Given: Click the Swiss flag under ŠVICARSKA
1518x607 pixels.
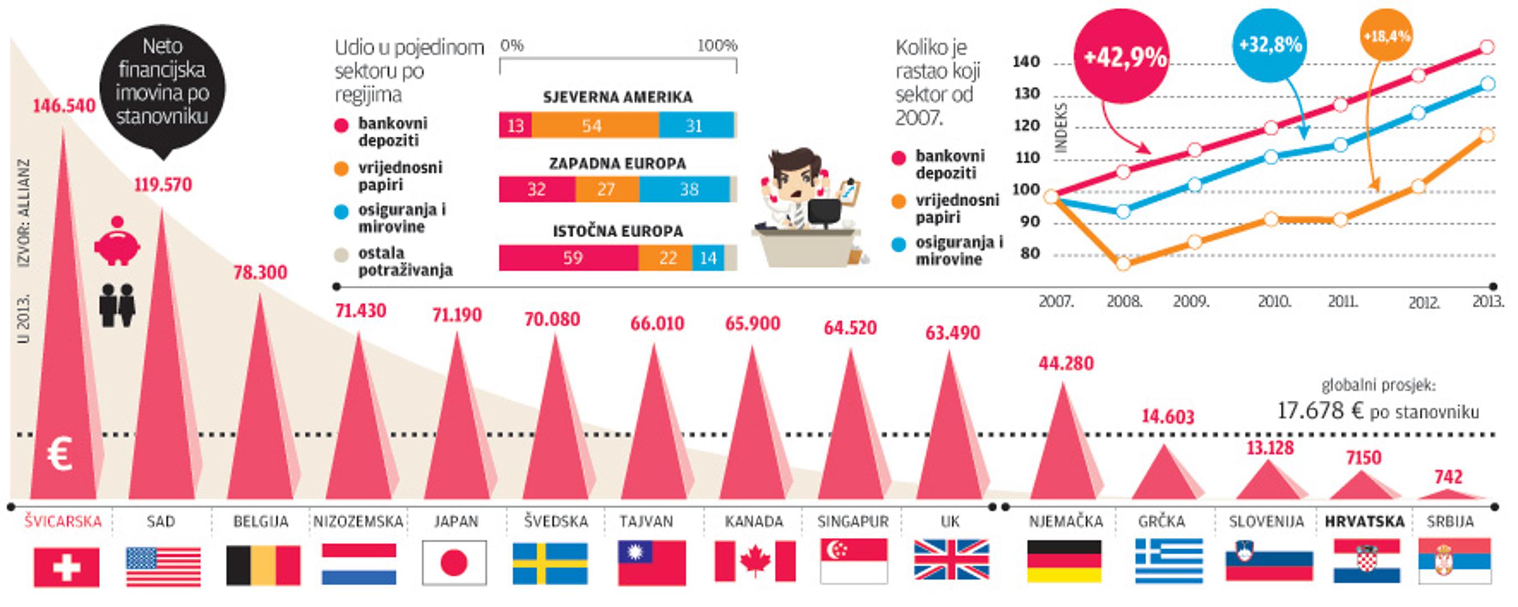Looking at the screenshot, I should [66, 567].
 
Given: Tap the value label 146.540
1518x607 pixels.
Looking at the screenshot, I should [64, 106].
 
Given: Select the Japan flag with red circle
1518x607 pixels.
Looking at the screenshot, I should [454, 563].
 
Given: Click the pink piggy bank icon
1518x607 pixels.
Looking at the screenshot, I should [118, 242].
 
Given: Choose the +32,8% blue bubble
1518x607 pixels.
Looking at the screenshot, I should [1270, 45].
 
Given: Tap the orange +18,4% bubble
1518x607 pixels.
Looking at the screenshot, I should [1386, 36].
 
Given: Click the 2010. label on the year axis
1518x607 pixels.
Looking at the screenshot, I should [1274, 302].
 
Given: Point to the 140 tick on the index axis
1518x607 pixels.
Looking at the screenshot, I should [1026, 62].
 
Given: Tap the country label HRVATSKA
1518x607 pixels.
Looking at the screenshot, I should [1364, 522].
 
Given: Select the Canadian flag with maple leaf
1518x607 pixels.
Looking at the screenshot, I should [755, 561].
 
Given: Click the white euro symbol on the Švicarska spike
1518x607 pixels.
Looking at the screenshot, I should [60, 454].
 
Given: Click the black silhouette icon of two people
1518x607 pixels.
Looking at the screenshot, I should [118, 305].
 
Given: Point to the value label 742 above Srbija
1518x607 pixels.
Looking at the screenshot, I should [1448, 477].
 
